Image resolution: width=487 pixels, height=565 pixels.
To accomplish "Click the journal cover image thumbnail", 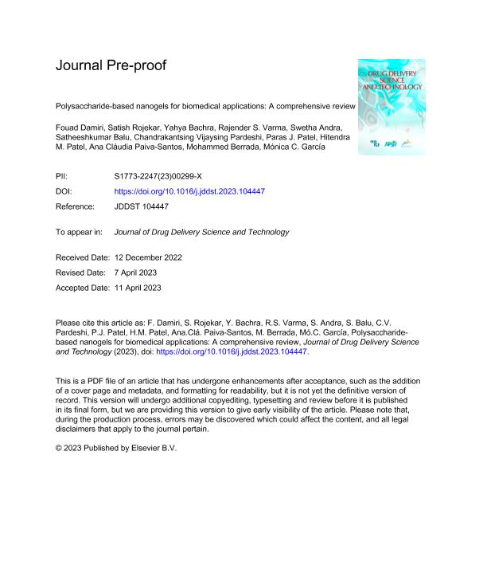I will pyautogui.click(x=392, y=107).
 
